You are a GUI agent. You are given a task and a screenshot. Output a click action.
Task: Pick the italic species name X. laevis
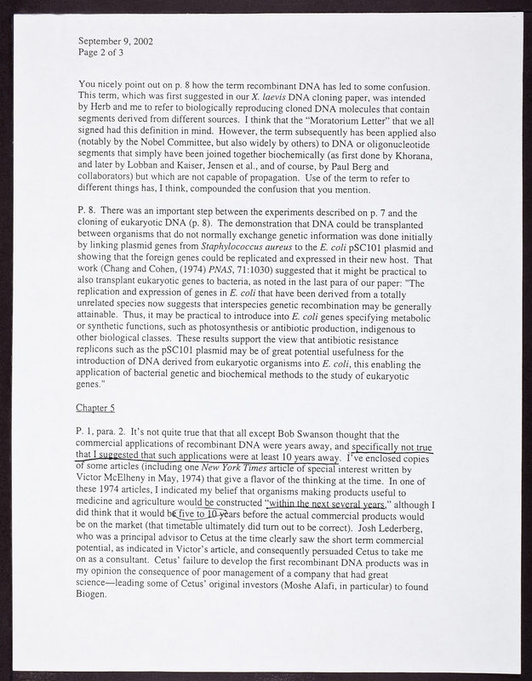tap(290, 97)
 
